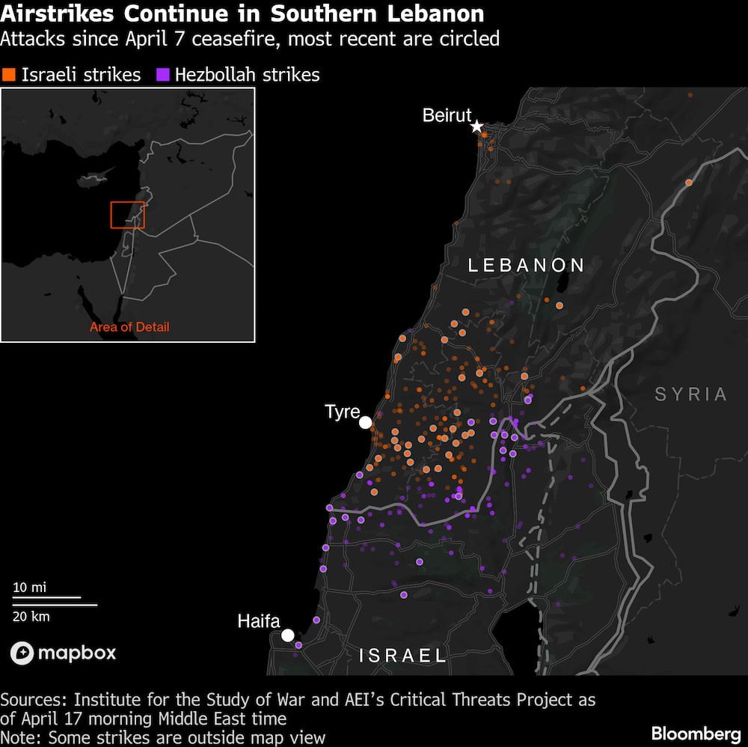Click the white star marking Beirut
(476, 126)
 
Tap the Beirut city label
(447, 115)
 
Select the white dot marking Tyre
(365, 423)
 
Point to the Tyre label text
(343, 412)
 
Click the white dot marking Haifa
(287, 635)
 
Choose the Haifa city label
(259, 621)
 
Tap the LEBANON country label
(526, 265)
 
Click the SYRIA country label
(690, 394)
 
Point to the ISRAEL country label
(403, 656)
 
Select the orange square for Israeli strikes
(9, 75)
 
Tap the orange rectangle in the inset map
(127, 215)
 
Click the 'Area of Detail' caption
(129, 327)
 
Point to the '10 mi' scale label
(29, 587)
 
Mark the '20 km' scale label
(31, 616)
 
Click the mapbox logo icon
(22, 653)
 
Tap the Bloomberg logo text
(696, 734)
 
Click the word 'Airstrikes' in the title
(59, 13)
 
